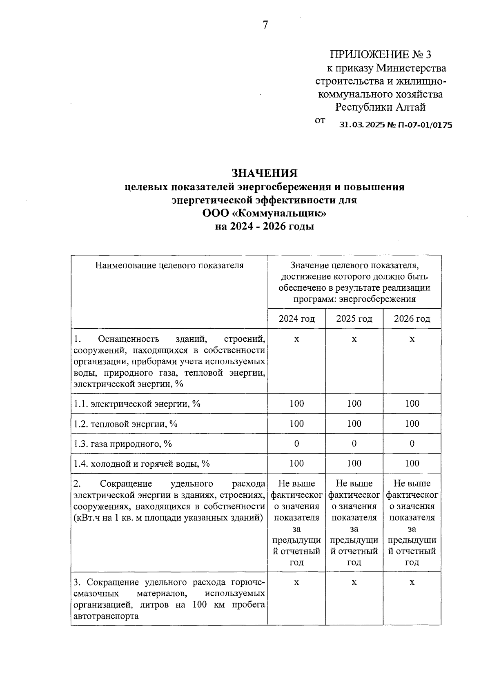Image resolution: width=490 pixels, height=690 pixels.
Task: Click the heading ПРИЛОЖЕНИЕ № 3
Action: coord(380,54)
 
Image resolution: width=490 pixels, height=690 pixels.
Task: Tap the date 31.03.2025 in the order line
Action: coord(362,125)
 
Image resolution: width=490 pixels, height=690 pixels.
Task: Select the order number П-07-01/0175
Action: coord(426,125)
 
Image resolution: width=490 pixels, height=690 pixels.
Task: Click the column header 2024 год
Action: coord(297,318)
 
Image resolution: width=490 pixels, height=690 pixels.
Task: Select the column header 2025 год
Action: coord(354,318)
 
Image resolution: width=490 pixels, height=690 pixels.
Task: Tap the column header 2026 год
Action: coord(412,318)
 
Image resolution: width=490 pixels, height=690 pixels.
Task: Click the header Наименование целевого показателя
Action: coord(169,265)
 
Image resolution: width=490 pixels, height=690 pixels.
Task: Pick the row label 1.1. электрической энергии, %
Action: coord(137,404)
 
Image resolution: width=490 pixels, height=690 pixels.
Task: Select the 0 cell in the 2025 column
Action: coord(354,443)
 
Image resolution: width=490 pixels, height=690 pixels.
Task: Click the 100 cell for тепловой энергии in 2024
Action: coord(297,423)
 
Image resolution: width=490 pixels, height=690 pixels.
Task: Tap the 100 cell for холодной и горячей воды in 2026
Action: coord(412,463)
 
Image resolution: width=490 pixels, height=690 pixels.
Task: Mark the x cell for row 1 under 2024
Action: coord(297,339)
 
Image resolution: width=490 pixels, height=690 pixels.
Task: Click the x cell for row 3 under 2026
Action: coord(412,582)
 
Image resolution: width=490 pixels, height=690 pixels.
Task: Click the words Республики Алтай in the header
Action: coord(380,107)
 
